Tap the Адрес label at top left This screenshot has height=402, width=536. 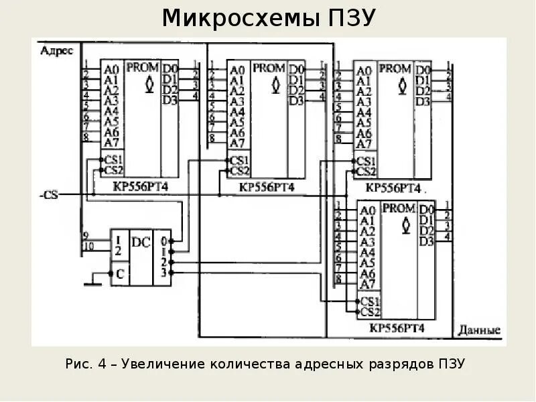(x=56, y=50)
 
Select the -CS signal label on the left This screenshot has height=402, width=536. (x=49, y=194)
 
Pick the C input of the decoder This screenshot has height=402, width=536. (x=119, y=273)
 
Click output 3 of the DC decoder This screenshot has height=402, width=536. (x=163, y=273)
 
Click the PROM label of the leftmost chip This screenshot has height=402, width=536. (x=142, y=67)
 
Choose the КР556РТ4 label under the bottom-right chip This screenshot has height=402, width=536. (x=396, y=328)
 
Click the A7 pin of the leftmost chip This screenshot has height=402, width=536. (x=111, y=142)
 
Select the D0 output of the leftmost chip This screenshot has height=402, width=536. (x=170, y=68)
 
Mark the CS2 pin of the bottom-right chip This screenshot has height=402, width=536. (x=370, y=312)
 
